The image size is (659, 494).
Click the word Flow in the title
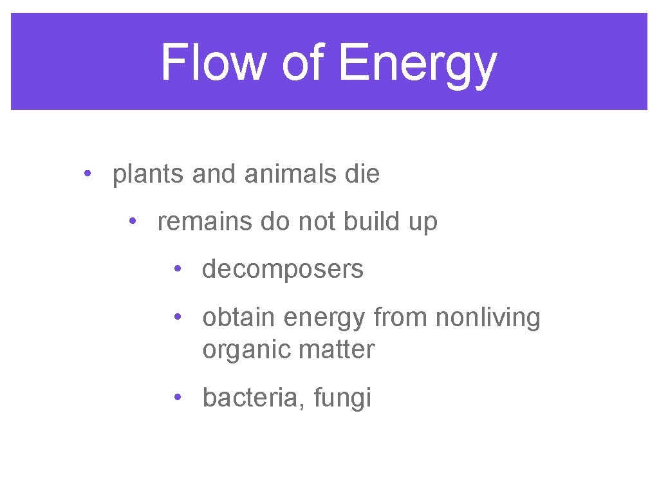pos(213,62)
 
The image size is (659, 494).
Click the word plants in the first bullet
pos(149,174)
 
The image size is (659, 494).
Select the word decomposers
pos(283,270)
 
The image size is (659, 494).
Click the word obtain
pos(239,317)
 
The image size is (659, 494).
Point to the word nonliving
pos(488,317)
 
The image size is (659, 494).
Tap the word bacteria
pos(250,398)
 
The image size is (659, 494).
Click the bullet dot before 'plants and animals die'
pos(86,174)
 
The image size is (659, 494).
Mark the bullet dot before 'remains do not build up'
pos(131,221)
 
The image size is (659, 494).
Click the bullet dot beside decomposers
pos(176,269)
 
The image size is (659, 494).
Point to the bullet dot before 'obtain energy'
pos(176,316)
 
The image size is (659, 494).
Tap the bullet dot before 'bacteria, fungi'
pos(176,397)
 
